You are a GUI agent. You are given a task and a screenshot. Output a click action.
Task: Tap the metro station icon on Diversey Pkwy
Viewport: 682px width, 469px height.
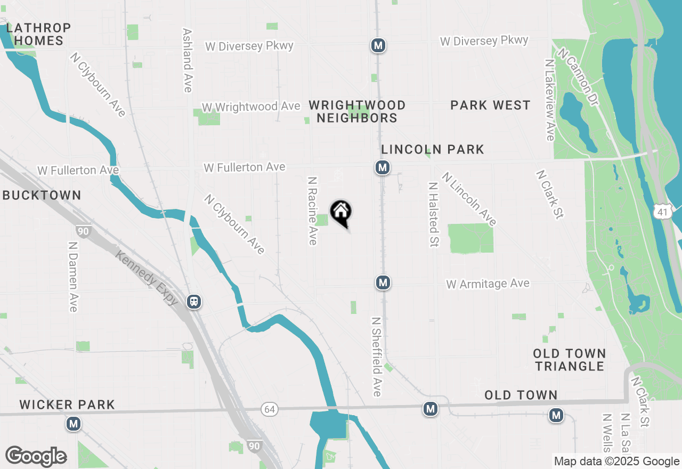pyautogui.click(x=378, y=45)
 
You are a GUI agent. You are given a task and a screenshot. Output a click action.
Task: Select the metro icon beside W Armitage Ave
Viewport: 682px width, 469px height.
pyautogui.click(x=382, y=282)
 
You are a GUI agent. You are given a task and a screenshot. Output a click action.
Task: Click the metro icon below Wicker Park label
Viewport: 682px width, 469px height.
pyautogui.click(x=73, y=424)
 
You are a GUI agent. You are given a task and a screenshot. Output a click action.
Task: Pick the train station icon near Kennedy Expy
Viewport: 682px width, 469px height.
pyautogui.click(x=194, y=302)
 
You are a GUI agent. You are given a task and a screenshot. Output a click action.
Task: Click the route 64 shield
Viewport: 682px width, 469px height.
pyautogui.click(x=270, y=409)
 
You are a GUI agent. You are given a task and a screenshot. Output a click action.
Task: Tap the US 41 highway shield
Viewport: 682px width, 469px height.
pyautogui.click(x=662, y=212)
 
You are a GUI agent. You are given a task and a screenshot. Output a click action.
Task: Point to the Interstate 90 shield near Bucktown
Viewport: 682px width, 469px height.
pyautogui.click(x=83, y=231)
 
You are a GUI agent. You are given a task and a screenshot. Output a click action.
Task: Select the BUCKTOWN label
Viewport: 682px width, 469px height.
pyautogui.click(x=42, y=196)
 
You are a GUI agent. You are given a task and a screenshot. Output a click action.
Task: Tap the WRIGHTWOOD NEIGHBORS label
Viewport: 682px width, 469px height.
pyautogui.click(x=357, y=111)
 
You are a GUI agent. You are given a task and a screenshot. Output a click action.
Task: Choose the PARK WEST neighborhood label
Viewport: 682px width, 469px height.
pyautogui.click(x=490, y=106)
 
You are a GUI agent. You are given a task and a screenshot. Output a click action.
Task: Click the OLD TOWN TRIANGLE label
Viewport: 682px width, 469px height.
pyautogui.click(x=570, y=360)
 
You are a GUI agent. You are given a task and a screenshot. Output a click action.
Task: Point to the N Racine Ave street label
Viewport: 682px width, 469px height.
pyautogui.click(x=313, y=211)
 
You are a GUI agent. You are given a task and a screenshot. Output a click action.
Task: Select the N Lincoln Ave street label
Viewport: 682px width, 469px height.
pyautogui.click(x=469, y=199)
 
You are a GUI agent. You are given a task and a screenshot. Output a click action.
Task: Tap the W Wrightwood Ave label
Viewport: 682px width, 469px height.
pyautogui.click(x=250, y=107)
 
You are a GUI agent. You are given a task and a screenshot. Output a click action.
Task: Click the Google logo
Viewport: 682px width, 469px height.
pyautogui.click(x=36, y=457)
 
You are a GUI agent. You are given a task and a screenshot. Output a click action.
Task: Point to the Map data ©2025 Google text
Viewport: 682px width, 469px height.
pyautogui.click(x=616, y=462)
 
